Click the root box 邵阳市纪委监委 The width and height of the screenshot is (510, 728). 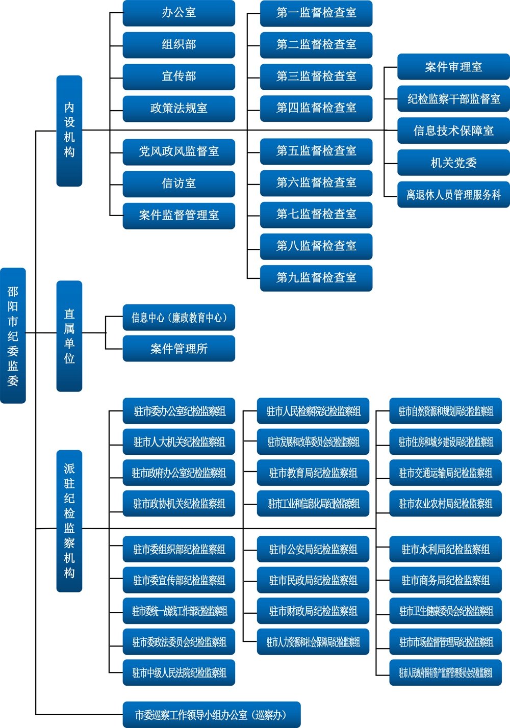point(13,335)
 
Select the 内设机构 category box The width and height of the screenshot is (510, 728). point(69,131)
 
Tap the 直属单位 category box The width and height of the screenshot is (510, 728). point(69,336)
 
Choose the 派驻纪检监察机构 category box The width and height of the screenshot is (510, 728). point(69,521)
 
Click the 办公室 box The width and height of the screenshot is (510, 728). point(179,13)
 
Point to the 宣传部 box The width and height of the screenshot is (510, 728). point(179,76)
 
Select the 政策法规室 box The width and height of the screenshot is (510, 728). point(179,108)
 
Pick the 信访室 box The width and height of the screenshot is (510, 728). point(179,184)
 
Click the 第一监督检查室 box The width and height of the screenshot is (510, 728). point(316,13)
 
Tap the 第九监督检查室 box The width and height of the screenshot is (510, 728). point(316,278)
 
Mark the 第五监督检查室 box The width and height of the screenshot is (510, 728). point(316,151)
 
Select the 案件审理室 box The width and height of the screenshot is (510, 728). point(453,67)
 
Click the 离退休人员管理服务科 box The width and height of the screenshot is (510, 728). point(453,195)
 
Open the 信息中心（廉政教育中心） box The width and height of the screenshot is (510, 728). point(179,318)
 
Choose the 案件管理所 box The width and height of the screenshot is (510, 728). point(179,349)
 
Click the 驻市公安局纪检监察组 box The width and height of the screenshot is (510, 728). point(313,549)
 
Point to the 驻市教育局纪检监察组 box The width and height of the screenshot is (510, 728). point(313,473)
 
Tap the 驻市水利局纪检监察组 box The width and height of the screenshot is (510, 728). point(446,549)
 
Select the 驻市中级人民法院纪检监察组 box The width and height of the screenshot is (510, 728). point(179,673)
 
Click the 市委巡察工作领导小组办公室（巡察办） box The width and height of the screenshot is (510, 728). point(212,715)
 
